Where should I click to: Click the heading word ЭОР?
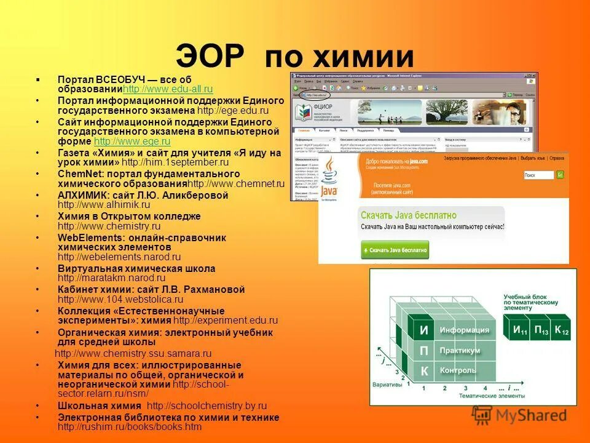[211, 57]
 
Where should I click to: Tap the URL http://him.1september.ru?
[175, 163]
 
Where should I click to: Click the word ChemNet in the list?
[75, 174]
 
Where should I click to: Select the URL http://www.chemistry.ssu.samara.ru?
[133, 354]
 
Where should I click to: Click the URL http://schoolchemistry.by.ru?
[206, 406]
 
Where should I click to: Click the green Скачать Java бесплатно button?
[394, 250]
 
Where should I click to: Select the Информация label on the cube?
[464, 330]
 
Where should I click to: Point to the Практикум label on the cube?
[460, 350]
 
